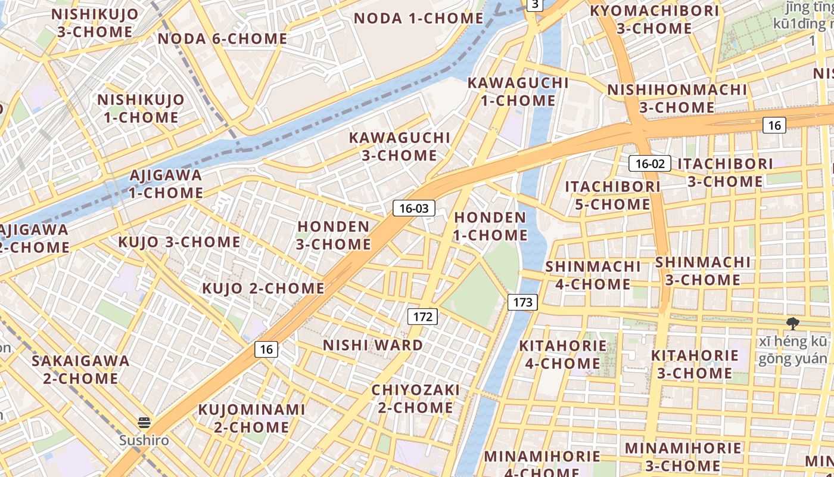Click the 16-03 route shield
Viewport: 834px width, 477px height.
click(x=413, y=208)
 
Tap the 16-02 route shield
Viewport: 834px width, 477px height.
click(x=650, y=163)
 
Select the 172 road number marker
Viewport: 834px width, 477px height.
click(x=422, y=317)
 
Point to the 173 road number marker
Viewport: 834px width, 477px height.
click(x=522, y=302)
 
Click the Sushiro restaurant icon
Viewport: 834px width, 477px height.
click(x=144, y=423)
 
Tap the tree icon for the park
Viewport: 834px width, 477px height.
click(x=792, y=324)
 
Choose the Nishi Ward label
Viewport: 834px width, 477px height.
click(x=373, y=345)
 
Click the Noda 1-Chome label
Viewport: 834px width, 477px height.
click(x=418, y=18)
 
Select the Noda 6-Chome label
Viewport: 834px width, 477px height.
click(x=222, y=39)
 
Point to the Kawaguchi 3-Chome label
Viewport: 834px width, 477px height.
click(x=399, y=147)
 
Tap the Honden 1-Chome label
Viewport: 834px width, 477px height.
click(x=490, y=226)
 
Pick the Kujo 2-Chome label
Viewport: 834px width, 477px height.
click(x=263, y=289)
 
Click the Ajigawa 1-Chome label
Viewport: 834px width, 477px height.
click(x=166, y=184)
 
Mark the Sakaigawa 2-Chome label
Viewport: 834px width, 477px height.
click(x=80, y=370)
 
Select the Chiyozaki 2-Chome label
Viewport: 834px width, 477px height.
click(x=415, y=399)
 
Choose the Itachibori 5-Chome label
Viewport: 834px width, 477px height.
click(x=612, y=196)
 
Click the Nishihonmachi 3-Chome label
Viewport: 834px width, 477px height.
click(x=677, y=99)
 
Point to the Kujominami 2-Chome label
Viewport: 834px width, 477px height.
click(x=251, y=419)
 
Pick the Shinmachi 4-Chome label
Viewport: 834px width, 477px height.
click(x=593, y=275)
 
